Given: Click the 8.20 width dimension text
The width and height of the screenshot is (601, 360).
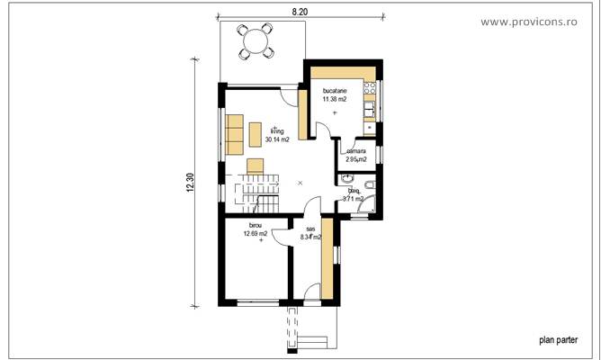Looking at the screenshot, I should point(300,11).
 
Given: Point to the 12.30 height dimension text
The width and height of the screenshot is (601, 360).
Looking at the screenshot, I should point(190,183).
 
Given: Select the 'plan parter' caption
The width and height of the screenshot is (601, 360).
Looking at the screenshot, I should point(558,340).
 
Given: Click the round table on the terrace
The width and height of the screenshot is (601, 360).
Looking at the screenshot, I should point(256,40).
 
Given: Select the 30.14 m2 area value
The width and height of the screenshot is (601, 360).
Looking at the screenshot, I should point(276,140).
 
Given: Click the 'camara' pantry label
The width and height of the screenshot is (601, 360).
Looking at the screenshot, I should point(356,151).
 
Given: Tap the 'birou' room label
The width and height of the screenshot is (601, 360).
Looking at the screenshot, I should point(256,226).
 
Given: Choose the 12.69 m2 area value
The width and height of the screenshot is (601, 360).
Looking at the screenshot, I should point(256,234).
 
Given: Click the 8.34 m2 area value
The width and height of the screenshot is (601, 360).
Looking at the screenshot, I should point(310,238).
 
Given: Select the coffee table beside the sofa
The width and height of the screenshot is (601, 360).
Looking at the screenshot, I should point(256,133).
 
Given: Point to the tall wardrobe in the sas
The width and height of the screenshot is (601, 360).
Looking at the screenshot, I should point(327,257).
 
